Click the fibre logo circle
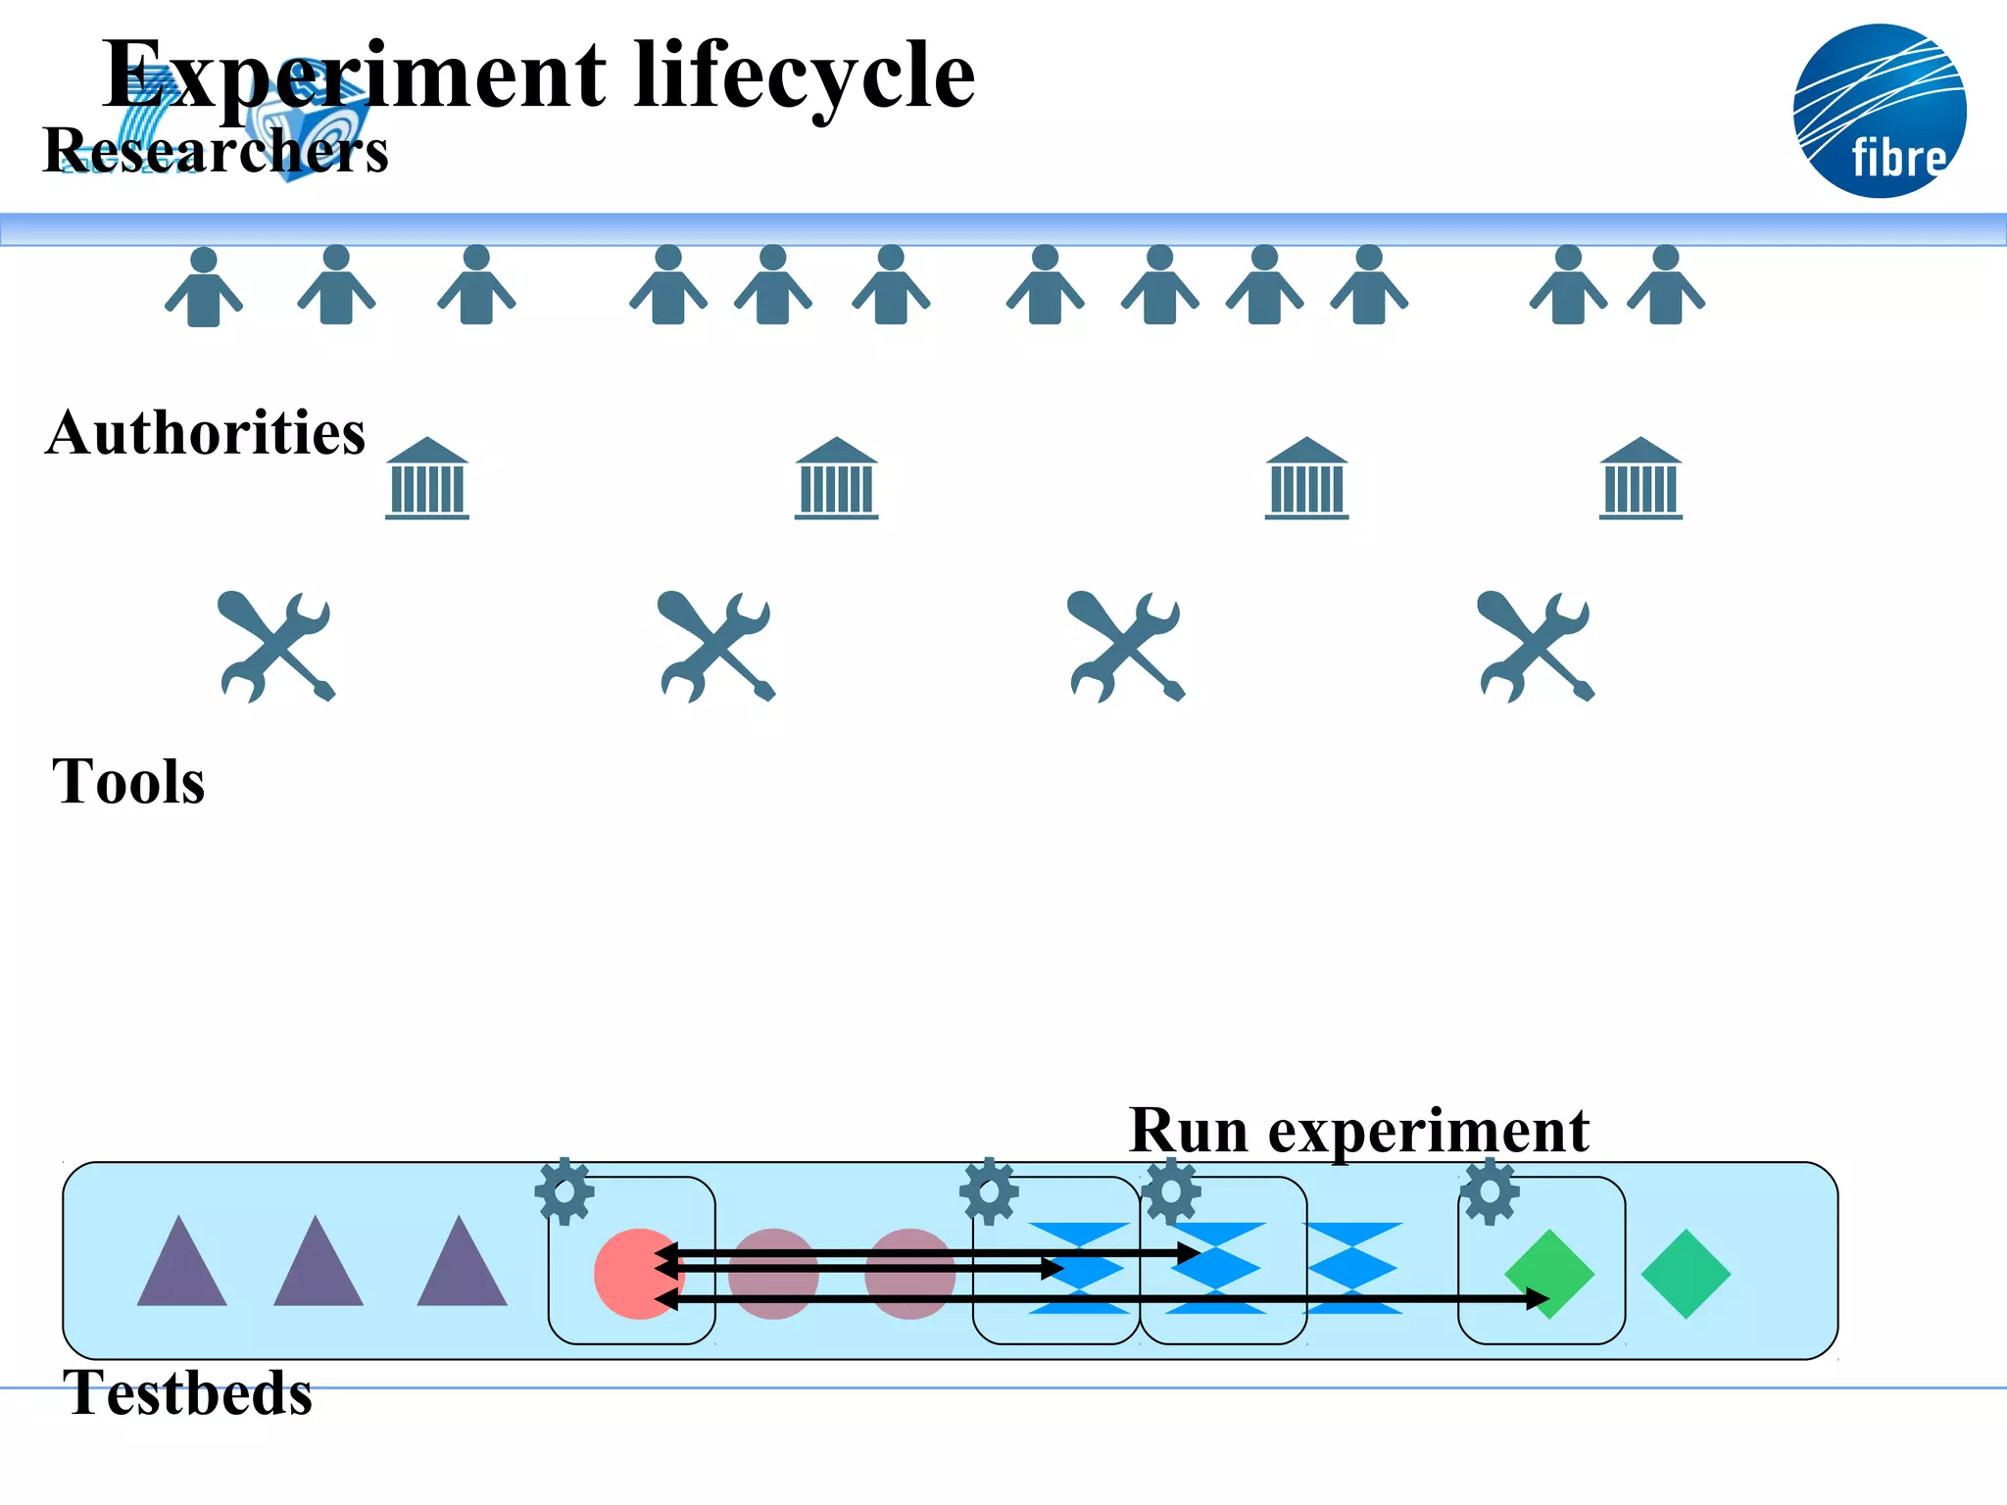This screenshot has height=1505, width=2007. pos(1879,111)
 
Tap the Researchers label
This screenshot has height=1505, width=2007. pos(216,151)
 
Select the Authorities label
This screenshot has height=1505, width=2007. pos(205,433)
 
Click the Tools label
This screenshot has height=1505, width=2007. pos(128,782)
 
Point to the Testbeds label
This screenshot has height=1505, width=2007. pos(187,1392)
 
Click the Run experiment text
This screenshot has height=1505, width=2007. pos(1358,1131)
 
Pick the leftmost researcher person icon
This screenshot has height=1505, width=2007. pos(203,287)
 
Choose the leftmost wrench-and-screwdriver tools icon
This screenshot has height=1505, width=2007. pos(276,647)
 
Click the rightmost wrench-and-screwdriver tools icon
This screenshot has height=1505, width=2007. pos(1536,647)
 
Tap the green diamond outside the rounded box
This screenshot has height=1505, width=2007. pos(1686,1274)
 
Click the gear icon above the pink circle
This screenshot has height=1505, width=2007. pos(564,1191)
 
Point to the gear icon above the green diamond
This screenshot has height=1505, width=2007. pos(1490,1191)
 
